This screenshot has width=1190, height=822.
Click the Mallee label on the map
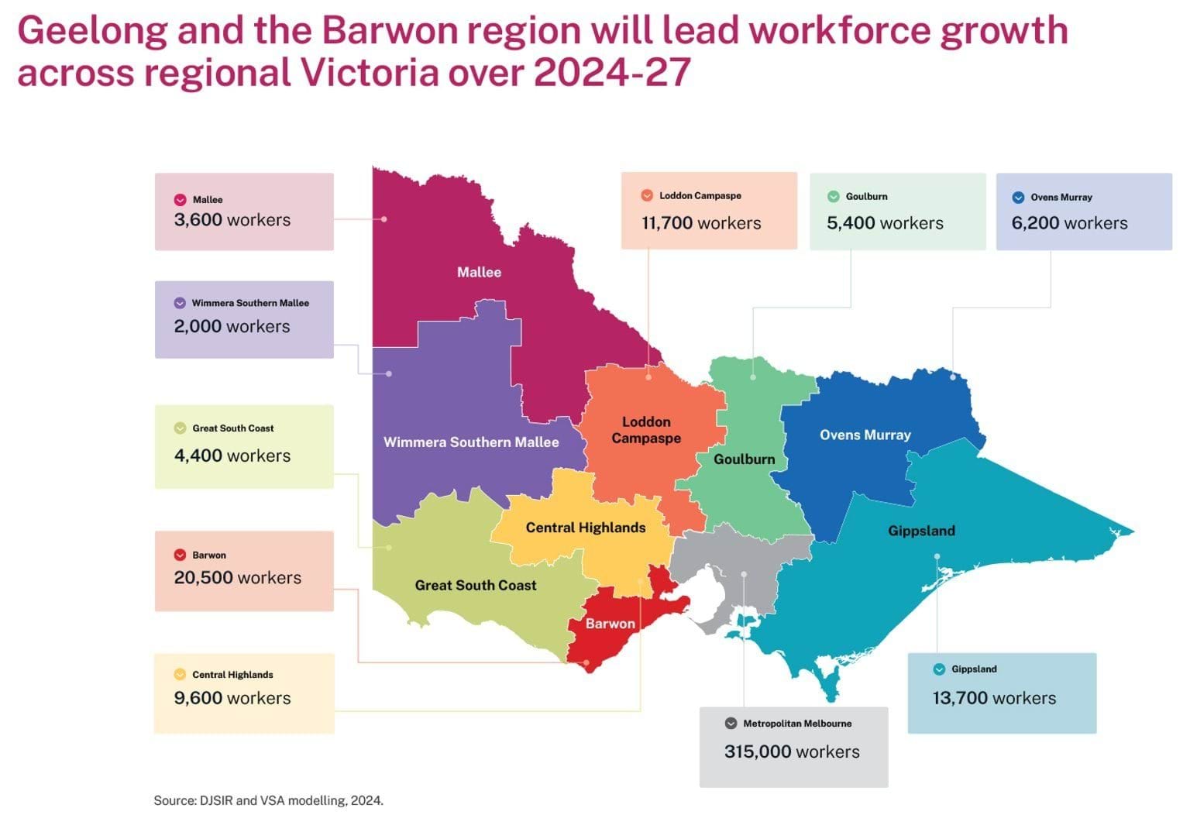click(479, 272)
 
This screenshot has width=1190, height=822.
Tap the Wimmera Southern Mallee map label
click(471, 442)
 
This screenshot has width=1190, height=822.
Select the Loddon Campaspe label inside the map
click(646, 430)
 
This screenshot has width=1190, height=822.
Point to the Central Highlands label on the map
click(586, 528)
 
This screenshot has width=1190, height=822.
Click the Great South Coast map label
click(476, 586)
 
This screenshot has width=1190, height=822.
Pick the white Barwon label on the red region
click(610, 624)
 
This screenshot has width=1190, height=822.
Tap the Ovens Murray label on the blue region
click(865, 435)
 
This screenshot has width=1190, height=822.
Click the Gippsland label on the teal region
click(921, 531)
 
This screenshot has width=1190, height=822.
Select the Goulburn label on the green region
click(744, 459)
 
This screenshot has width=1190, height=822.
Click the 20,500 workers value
click(238, 578)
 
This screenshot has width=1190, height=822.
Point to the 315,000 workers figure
click(792, 751)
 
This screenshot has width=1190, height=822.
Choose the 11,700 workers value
click(701, 223)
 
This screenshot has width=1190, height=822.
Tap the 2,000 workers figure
click(232, 327)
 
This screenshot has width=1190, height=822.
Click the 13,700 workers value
click(994, 698)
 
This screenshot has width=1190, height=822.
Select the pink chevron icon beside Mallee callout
click(181, 200)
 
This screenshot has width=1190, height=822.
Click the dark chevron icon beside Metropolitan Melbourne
click(731, 724)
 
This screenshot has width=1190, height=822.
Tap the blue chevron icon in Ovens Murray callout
click(1018, 198)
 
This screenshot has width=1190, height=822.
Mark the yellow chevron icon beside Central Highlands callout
click(180, 675)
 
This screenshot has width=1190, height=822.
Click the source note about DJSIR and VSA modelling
click(268, 800)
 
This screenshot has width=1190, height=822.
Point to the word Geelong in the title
click(92, 31)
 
